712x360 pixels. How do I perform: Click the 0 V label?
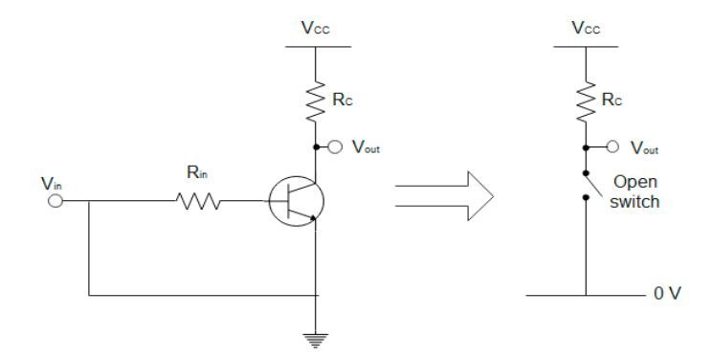pos(666,293)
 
